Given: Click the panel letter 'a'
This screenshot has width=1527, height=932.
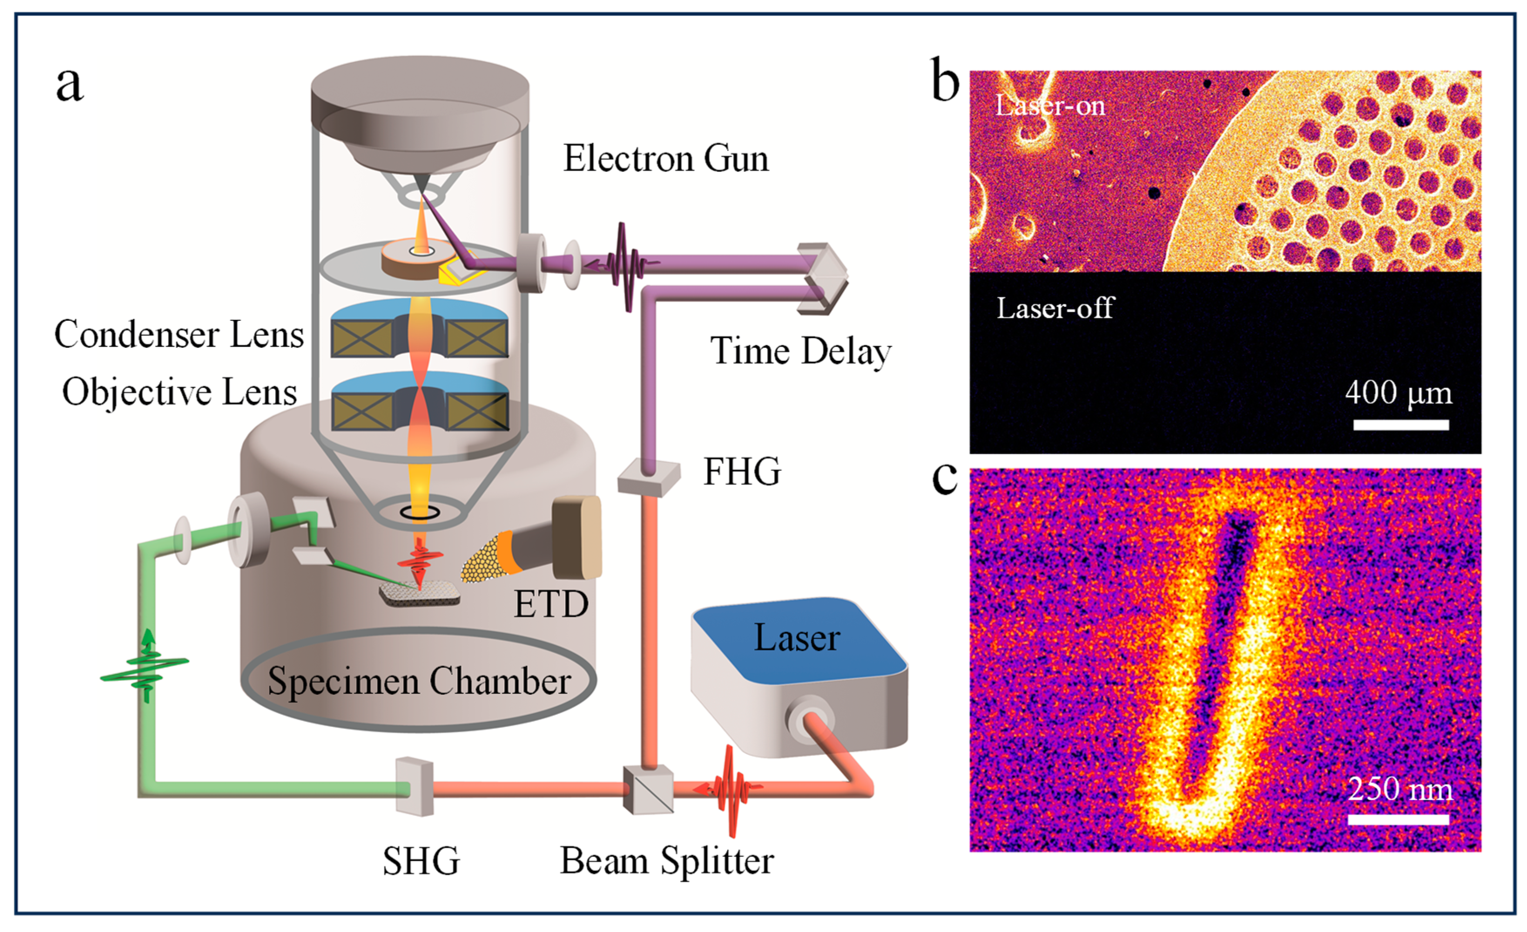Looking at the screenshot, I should pos(69,85).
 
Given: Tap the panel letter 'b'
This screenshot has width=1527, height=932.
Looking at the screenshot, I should pos(946,81).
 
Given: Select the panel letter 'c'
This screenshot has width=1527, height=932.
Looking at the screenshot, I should pos(946,478).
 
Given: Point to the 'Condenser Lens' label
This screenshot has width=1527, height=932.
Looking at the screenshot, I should pos(179,335).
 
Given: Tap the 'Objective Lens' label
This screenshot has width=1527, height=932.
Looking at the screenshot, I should pos(180,392).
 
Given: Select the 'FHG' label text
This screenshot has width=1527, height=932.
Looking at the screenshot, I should pos(742,472).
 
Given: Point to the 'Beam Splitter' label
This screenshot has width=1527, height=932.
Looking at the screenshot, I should pos(667,861).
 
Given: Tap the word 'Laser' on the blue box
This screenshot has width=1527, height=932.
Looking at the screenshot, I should pos(796,638).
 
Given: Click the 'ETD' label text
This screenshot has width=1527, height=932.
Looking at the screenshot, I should pos(551,604).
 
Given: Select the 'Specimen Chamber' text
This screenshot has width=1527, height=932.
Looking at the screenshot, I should pos(419,682).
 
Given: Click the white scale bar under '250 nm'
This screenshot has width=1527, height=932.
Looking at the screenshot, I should pos(1398,820).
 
